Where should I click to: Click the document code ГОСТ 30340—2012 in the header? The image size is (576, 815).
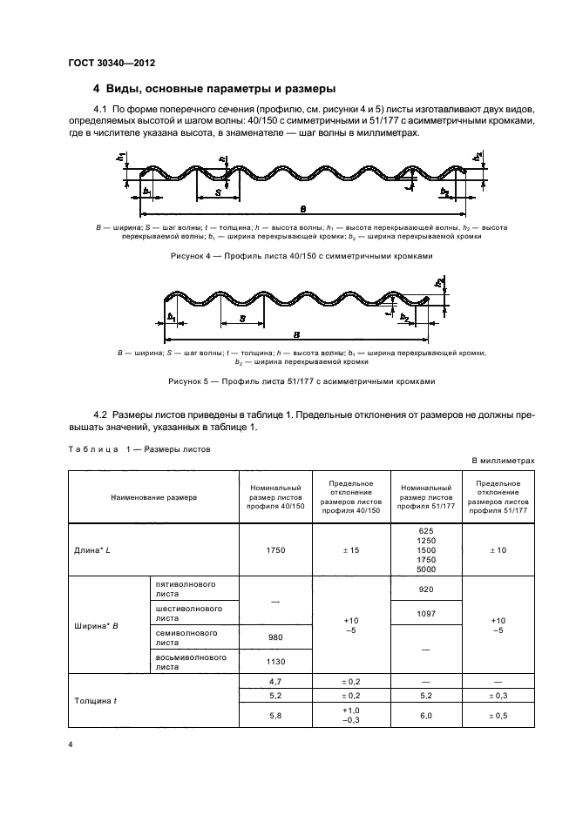coord(112,62)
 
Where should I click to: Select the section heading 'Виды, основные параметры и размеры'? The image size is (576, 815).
coord(214,90)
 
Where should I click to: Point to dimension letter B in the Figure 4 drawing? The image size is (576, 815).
coord(302,209)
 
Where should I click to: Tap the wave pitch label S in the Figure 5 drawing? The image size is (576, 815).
coord(241,320)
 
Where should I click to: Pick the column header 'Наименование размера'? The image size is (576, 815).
coord(153,496)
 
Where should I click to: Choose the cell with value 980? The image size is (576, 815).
coord(275,637)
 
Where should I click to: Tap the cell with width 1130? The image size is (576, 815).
coord(275,662)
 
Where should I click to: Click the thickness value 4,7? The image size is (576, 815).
coord(275,683)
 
